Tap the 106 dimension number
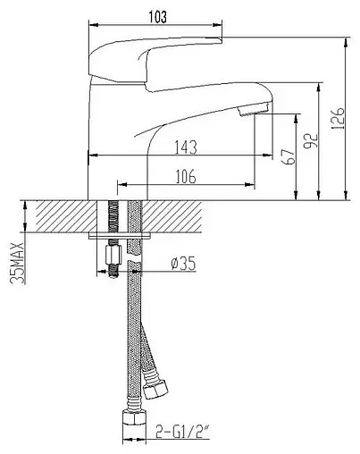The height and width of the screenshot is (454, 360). (186, 176)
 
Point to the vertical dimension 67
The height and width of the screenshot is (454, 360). (287, 156)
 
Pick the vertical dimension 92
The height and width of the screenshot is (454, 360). (311, 141)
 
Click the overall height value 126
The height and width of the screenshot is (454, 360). (337, 117)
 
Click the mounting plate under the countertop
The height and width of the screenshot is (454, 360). (123, 237)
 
